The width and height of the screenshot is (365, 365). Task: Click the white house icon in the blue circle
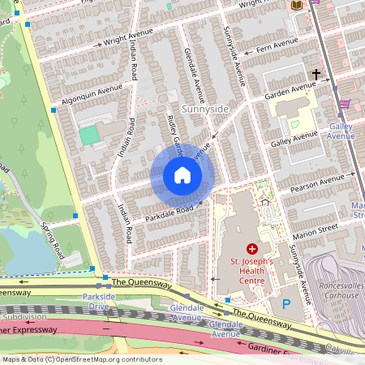[x=182, y=175]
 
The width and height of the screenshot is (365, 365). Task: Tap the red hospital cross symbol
[x=251, y=247]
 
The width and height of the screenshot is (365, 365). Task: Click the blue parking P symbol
[x=286, y=303]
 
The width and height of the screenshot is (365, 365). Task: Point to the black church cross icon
[x=316, y=74]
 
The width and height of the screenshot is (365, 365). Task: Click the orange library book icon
[x=297, y=5]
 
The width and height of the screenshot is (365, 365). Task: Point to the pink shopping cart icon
[x=344, y=104]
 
